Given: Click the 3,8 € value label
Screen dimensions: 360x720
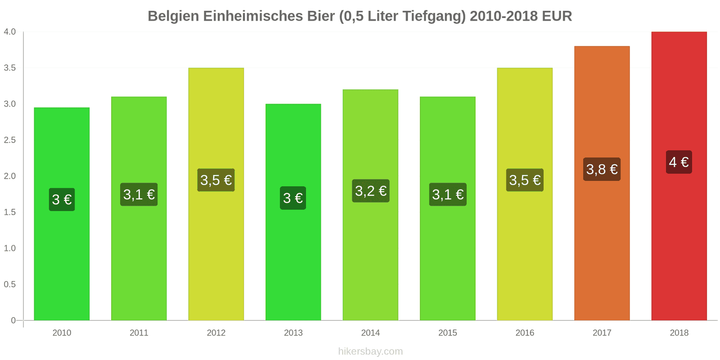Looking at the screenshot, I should pos(602,169).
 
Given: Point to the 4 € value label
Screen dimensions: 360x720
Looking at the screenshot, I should pos(679,162).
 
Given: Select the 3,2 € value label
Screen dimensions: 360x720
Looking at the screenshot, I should pos(370,191).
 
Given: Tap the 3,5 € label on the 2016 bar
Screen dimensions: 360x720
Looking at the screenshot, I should pos(525,180).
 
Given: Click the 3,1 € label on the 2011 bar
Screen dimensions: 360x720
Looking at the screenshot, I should pos(139,194).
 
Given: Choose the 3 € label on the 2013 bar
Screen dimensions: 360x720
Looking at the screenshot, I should pos(293,198).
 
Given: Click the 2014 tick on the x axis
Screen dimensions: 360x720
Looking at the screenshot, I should pos(370,333).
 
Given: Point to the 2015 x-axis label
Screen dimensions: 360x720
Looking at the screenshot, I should pos(447,333).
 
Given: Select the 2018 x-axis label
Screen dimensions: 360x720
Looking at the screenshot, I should pos(679,333).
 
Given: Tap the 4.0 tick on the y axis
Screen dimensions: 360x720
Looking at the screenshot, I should pos(10,31).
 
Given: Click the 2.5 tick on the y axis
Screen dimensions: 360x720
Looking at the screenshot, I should pos(10,140).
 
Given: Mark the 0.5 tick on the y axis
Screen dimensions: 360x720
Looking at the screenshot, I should pos(10,284).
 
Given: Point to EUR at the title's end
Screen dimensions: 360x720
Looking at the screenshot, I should pos(557,16).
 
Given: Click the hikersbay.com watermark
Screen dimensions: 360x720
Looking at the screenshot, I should pos(370,351).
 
